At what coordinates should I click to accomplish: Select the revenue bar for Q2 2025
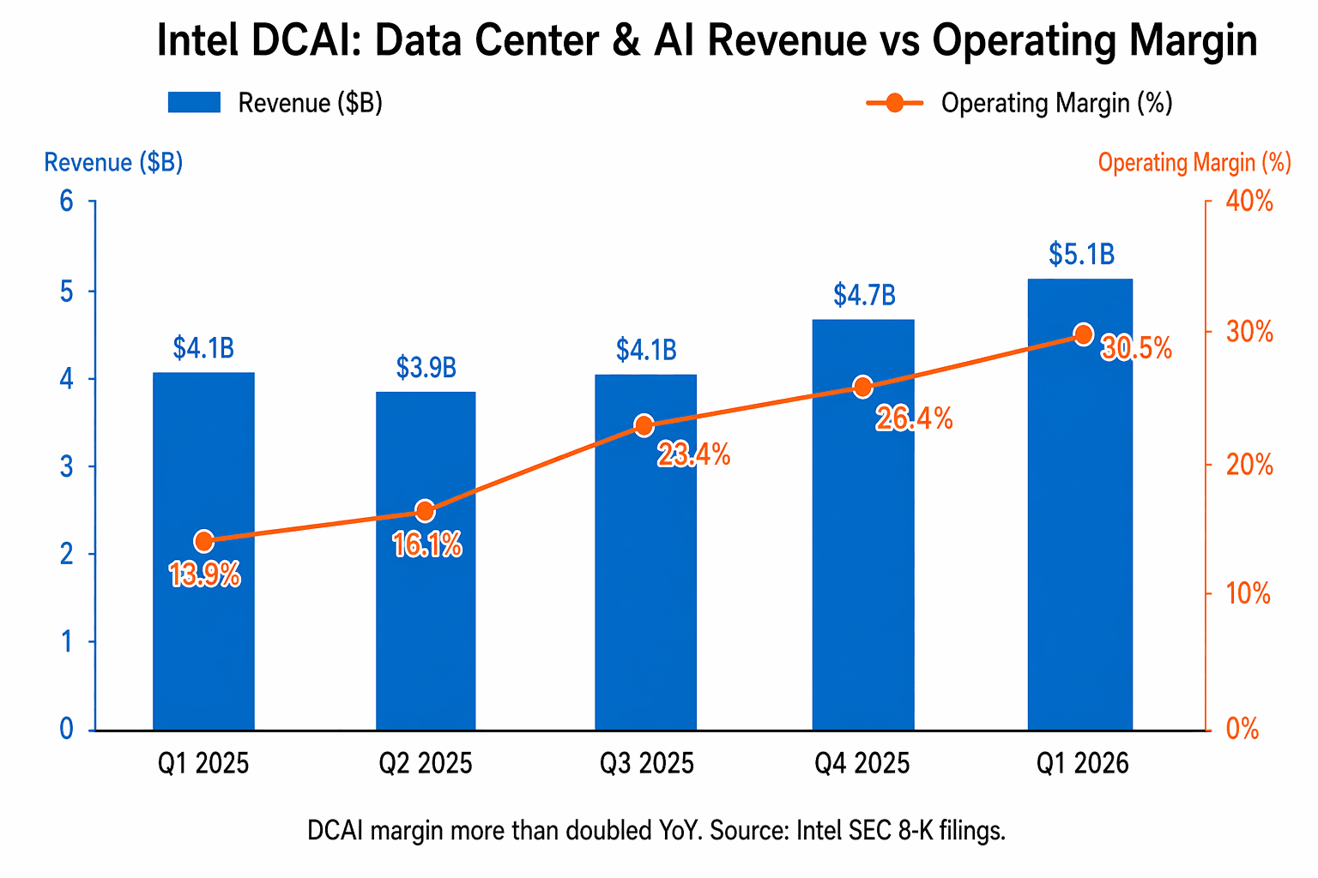(426, 600)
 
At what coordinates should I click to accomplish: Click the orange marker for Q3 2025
(644, 425)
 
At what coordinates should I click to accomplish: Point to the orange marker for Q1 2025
(204, 541)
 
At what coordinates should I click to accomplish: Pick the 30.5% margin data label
(1136, 349)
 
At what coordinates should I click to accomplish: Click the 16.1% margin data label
(427, 545)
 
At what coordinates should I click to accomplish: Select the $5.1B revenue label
(1081, 255)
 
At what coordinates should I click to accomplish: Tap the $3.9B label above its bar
(426, 369)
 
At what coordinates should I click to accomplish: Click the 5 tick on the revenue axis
(66, 292)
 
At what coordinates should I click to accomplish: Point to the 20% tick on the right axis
(1249, 466)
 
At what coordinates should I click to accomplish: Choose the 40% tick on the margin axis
(1249, 201)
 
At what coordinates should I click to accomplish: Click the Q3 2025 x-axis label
(647, 763)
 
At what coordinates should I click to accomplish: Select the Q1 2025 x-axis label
(203, 763)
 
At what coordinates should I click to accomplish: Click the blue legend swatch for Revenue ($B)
(194, 103)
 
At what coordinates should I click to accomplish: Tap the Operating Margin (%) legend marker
(894, 103)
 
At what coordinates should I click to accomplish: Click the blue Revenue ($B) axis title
(113, 163)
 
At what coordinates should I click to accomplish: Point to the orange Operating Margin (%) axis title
(1194, 163)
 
